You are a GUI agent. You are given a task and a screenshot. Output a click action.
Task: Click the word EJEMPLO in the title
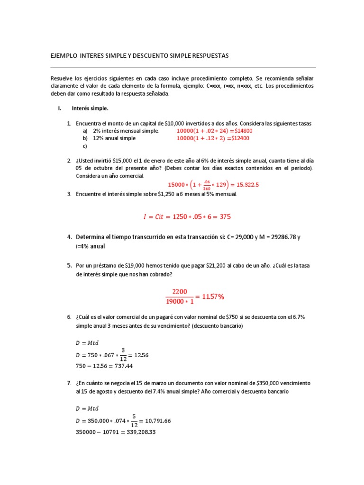click(64, 56)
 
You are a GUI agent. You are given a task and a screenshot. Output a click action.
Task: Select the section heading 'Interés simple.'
click(90, 108)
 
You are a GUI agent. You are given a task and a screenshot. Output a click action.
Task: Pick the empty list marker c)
click(85, 146)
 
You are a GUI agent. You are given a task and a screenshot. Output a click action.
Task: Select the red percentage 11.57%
click(213, 296)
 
